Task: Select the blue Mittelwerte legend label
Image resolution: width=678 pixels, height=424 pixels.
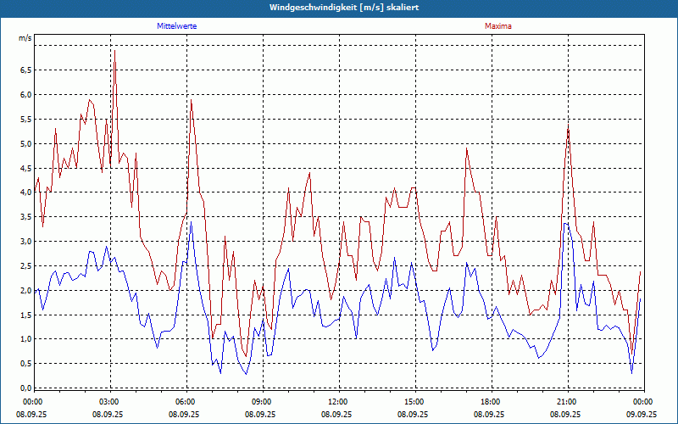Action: pos(182,26)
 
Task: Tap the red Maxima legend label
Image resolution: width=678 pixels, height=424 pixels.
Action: pos(497,26)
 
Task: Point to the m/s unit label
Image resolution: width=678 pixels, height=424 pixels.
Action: pos(25,38)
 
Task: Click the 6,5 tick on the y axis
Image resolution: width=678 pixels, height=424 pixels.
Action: pos(25,70)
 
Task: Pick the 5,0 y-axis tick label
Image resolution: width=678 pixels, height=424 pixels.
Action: pos(25,143)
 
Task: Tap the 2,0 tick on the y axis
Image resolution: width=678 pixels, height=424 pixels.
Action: pos(25,290)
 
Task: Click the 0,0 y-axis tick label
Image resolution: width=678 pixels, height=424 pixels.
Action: pos(25,388)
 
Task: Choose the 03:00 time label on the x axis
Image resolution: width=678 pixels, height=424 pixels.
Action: pos(108,401)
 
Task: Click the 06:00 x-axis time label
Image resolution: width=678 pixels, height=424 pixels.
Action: pos(185,401)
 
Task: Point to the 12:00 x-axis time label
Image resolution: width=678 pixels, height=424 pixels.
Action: pos(337,401)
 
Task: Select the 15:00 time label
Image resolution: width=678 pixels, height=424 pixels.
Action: pos(414,401)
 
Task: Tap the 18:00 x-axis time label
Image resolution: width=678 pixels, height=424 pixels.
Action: pos(490,401)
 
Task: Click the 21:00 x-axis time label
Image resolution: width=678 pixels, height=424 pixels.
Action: pos(566,401)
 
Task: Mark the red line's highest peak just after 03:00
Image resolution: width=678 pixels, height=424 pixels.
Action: pos(114,51)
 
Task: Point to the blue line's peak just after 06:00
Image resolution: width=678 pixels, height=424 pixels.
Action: pos(192,222)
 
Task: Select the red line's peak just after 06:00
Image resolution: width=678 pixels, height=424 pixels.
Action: pos(192,100)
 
